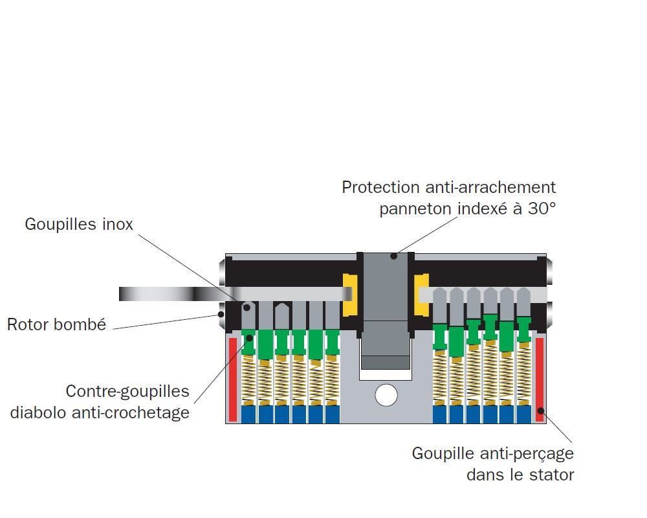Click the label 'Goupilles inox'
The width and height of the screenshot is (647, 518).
coord(79,224)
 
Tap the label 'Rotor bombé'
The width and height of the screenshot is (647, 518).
coord(56,324)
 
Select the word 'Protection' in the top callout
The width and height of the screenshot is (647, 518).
coord(381,188)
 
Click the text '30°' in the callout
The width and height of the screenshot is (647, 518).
coord(542,208)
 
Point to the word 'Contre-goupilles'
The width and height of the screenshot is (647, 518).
coord(127,391)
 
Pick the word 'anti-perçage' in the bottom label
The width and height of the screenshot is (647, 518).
coord(526,453)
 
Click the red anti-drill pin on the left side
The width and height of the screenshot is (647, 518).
coord(233,379)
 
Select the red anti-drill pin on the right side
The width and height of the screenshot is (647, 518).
coord(540,379)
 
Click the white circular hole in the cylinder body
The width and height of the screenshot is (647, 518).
coord(386,395)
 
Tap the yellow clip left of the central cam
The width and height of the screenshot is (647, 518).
coord(349,295)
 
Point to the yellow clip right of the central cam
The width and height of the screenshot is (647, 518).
coord(422,295)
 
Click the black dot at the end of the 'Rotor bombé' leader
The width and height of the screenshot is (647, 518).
coord(221,314)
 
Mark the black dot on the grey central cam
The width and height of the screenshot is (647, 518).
coord(393,256)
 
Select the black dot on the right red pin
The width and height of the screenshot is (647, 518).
coord(540,411)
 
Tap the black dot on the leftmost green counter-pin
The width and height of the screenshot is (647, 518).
coord(250,338)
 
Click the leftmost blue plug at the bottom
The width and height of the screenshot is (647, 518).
coord(248,414)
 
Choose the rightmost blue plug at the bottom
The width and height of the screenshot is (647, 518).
coord(524,414)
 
